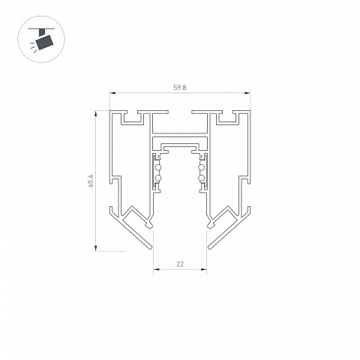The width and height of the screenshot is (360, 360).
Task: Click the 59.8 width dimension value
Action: [x=180, y=88]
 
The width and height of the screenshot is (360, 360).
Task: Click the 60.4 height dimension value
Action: [x=90, y=181]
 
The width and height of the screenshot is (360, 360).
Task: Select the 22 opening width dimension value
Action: [x=180, y=264]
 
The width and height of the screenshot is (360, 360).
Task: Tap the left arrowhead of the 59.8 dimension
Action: [x=112, y=93]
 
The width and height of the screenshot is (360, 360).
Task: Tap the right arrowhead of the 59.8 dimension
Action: [x=247, y=93]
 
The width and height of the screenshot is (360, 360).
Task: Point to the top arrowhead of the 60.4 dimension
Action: [x=95, y=113]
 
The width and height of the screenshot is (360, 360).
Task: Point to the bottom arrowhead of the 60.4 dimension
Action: [x=95, y=248]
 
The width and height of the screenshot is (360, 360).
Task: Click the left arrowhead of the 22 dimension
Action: [x=156, y=269]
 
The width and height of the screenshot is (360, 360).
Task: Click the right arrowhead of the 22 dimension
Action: [x=204, y=269]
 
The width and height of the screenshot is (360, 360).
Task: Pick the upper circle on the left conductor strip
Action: [x=157, y=168]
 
